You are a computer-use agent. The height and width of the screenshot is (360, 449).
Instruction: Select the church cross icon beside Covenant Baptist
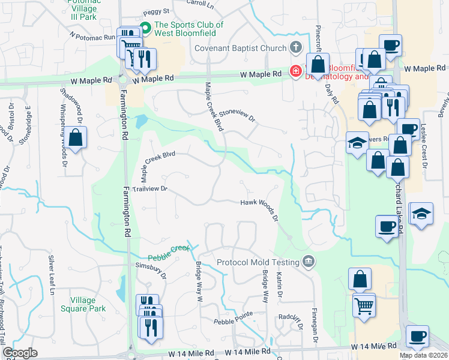tap(295, 47)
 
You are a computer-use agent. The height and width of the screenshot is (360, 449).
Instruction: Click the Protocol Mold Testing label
tap(258, 262)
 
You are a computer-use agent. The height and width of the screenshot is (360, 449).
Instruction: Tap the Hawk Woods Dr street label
tap(259, 206)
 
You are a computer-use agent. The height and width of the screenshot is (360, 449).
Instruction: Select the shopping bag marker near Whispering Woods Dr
tap(76, 139)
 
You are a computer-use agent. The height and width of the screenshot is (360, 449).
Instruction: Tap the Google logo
tap(20, 353)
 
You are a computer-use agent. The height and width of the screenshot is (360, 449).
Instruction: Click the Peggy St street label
tap(156, 11)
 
